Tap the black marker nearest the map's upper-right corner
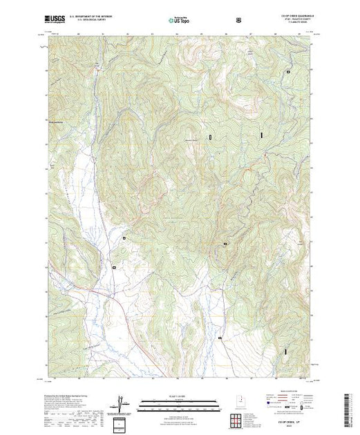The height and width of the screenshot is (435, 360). coord(287,72)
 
